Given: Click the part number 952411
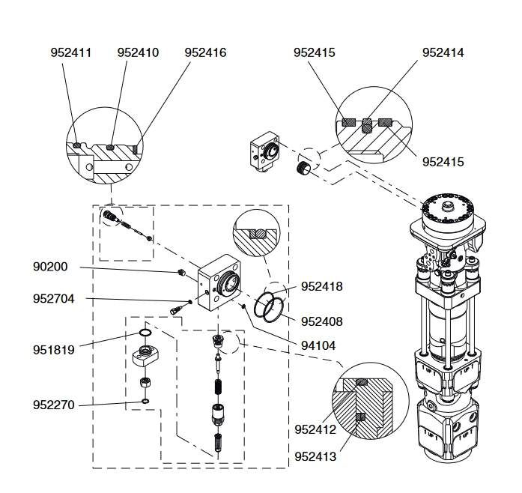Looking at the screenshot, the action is pos(71,52).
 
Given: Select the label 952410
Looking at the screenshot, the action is pos(138,52).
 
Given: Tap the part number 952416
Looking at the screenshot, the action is pos(205,52).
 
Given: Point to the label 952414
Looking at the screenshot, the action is pos(443,52).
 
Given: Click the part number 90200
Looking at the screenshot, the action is pos(50,267).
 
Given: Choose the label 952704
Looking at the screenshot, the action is pos(54,299).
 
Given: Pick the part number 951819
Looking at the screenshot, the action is pos(54,350).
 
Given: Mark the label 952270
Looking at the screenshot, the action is pos(54,405).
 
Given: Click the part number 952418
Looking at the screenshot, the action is pos(322,286).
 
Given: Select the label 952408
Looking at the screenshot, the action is pos(322,321).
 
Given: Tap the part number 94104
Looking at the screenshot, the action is pos(318,345).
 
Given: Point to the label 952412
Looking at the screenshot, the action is pos(315,430).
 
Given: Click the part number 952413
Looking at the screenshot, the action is pos(315,456).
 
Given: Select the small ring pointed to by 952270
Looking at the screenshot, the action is pos(145,401).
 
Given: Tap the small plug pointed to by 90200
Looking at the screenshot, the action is pos(181,273).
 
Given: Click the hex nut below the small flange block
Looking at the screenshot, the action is pos(145,382).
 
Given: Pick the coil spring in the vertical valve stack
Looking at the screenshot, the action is pos(217,388).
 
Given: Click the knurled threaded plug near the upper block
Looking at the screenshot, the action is pos(303,167).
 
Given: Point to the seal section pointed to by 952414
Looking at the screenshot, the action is pos(366,126).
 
